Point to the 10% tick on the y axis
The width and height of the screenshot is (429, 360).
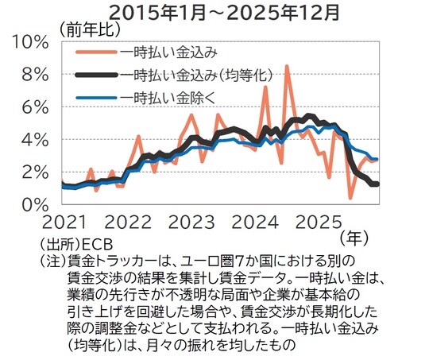pyautogui.click(x=32, y=41)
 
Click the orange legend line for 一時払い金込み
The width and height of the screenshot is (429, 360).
pyautogui.click(x=96, y=53)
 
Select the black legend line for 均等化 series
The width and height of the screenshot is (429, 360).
pyautogui.click(x=96, y=75)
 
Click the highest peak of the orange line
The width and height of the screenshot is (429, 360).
pyautogui.click(x=287, y=67)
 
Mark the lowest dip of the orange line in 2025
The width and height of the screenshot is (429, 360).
pyautogui.click(x=350, y=198)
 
